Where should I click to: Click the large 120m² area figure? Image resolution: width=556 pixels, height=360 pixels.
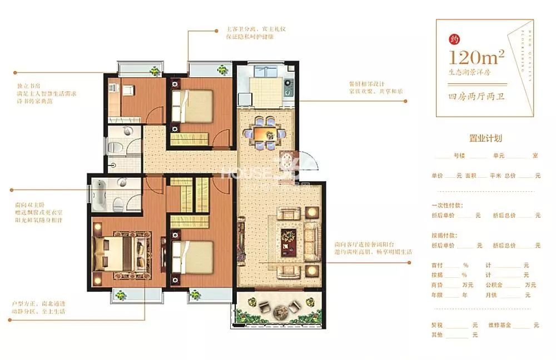point(477,57)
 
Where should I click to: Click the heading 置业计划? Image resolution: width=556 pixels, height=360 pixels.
point(486,138)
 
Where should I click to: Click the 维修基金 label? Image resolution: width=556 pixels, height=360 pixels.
point(499,325)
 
